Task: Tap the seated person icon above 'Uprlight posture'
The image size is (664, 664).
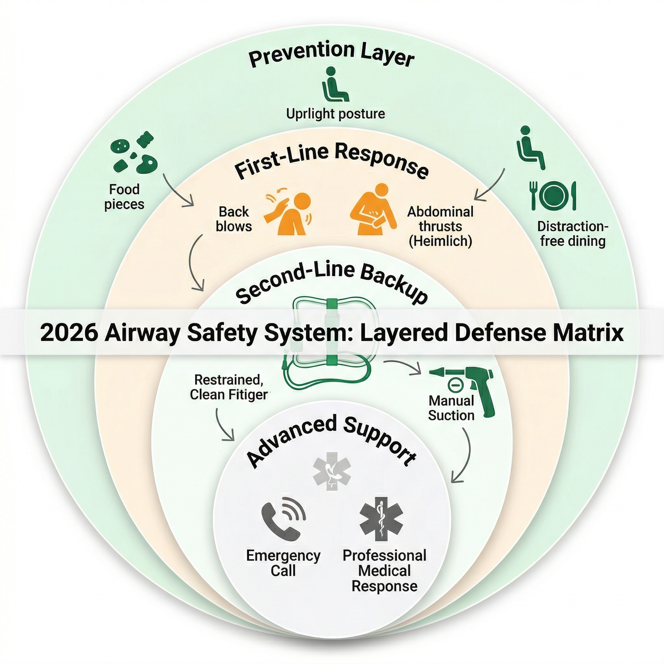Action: click(x=335, y=84)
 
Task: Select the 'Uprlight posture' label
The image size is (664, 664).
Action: click(x=335, y=114)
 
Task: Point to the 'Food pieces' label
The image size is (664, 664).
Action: click(x=124, y=196)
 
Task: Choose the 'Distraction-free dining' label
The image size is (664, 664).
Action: click(x=573, y=234)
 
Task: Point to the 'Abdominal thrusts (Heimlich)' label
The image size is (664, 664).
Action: click(x=440, y=227)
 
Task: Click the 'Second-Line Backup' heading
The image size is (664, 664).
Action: click(x=332, y=282)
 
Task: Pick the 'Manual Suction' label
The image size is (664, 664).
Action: click(x=451, y=408)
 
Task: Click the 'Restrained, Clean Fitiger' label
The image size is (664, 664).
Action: click(x=229, y=387)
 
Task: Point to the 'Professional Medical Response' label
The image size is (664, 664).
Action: click(x=384, y=571)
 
